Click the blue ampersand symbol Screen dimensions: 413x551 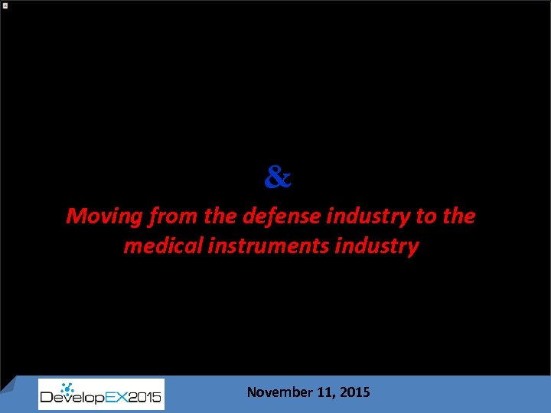point(278,178)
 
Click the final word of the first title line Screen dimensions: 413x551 point(459,216)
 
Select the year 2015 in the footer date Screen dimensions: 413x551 point(355,392)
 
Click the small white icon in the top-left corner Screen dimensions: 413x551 point(5,5)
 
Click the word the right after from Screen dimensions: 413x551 point(220,216)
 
